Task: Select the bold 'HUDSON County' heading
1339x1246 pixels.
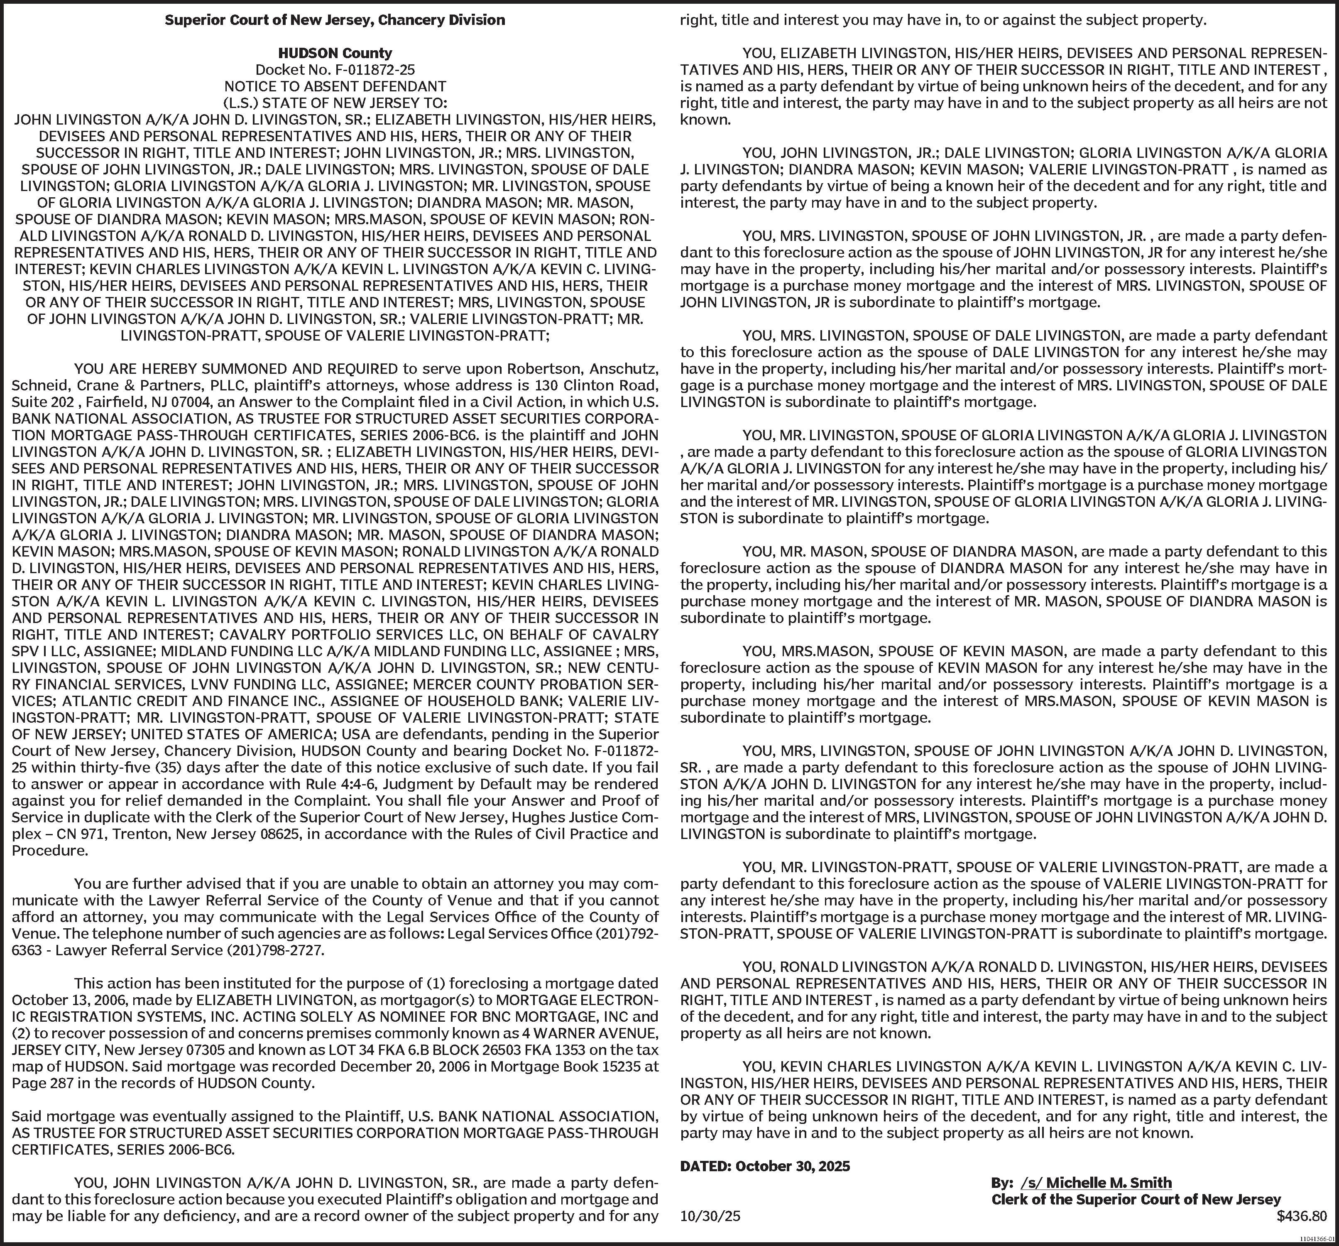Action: point(335,53)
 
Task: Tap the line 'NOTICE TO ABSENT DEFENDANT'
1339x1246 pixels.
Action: point(335,86)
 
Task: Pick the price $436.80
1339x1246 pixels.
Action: point(1301,1217)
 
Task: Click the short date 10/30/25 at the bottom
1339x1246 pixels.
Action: point(710,1217)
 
